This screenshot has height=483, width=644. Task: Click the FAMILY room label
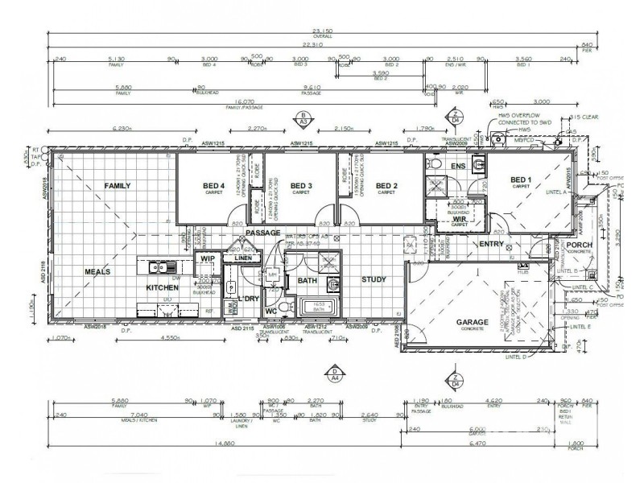pyautogui.click(x=118, y=186)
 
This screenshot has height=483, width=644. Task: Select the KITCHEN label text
pyautogui.click(x=162, y=287)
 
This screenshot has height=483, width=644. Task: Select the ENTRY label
pyautogui.click(x=491, y=244)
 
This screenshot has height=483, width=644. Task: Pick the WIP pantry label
pyautogui.click(x=207, y=258)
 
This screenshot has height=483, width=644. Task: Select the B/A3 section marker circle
pyautogui.click(x=302, y=120)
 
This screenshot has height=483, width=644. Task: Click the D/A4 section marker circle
pyautogui.click(x=334, y=373)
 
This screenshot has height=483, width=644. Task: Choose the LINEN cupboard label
pyautogui.click(x=242, y=258)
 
